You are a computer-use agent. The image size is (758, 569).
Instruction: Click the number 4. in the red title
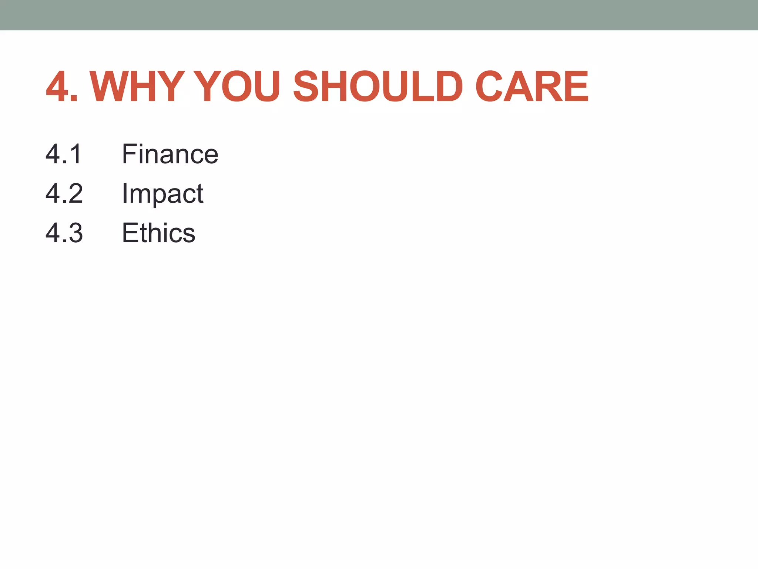point(61,87)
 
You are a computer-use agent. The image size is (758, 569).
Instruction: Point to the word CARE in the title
point(532,87)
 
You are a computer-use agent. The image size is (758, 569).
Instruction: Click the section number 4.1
point(64,154)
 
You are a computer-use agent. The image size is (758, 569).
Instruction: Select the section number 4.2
point(64,193)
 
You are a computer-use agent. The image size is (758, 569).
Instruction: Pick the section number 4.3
point(64,233)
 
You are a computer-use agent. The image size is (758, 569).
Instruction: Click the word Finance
point(170,154)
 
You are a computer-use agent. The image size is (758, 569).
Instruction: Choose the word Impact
point(162,194)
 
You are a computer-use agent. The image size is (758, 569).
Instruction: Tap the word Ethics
point(158,233)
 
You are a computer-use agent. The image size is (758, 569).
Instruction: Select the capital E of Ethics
point(130,233)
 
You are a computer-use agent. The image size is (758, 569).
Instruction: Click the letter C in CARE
point(489,87)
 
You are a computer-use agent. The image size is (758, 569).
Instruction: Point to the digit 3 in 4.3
point(75,233)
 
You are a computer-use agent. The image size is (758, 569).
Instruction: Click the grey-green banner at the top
point(379,15)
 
